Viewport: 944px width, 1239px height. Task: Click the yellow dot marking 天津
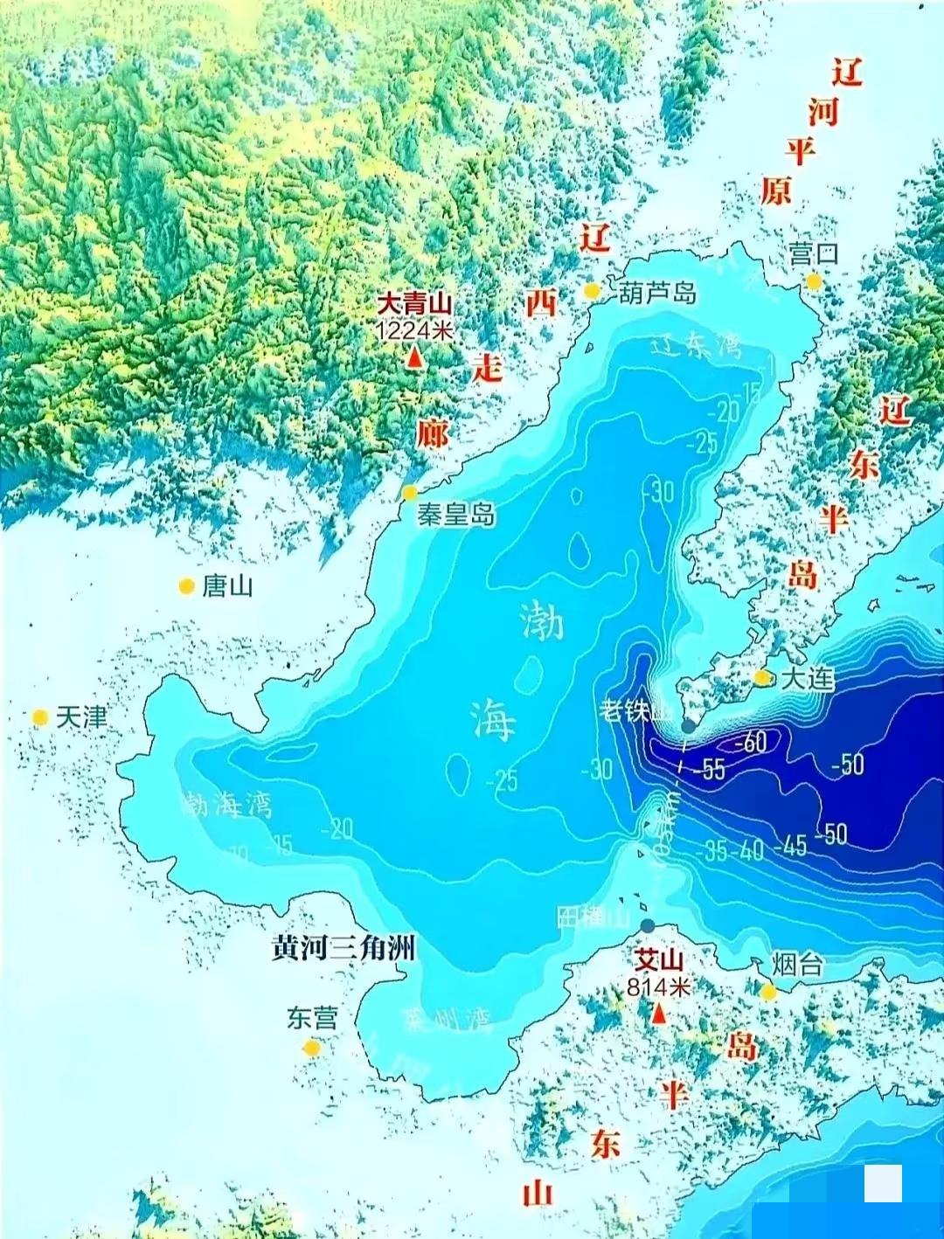coord(39,717)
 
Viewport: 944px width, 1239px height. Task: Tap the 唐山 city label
coord(227,586)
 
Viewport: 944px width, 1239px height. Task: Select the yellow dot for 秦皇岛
coord(409,493)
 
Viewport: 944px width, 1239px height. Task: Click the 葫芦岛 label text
coord(657,293)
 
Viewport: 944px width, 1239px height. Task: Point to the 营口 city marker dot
coord(814,281)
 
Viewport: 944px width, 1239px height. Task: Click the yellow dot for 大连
coord(762,677)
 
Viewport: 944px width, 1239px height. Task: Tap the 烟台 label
coord(797,965)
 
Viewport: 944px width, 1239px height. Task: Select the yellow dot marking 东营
coord(312,1047)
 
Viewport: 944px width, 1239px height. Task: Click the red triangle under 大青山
coord(414,357)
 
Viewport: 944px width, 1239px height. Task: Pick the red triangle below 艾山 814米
coord(659,1014)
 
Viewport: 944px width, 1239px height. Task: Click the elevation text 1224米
coord(414,331)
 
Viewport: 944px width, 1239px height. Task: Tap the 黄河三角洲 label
coord(344,948)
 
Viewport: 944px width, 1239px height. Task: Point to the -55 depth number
coord(709,769)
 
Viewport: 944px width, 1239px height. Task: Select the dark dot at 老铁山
coord(689,725)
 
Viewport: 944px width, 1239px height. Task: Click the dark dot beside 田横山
coord(647,925)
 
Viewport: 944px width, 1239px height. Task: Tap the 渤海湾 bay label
coord(226,804)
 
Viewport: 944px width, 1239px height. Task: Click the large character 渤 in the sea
coord(542,621)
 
